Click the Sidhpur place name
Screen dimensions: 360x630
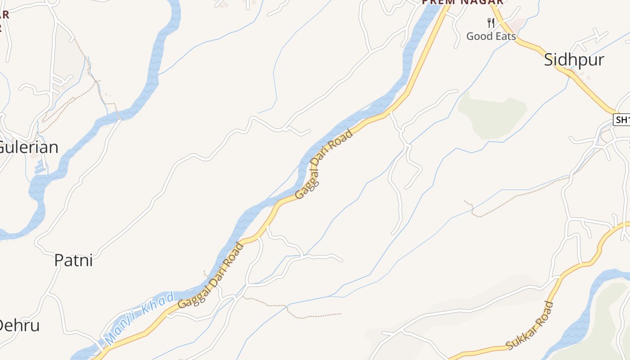574,59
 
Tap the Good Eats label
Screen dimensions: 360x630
491,36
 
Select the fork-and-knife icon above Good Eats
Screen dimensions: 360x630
491,23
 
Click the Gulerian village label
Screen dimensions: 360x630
28,147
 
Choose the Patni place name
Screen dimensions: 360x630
73,260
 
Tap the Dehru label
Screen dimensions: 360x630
19,325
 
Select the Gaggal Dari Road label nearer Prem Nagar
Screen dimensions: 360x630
324,165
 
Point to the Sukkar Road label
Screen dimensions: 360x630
530,326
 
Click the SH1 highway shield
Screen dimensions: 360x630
622,120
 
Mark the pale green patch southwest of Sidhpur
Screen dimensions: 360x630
492,115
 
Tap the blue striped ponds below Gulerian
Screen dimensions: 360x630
40,166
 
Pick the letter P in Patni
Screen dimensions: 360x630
58,260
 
